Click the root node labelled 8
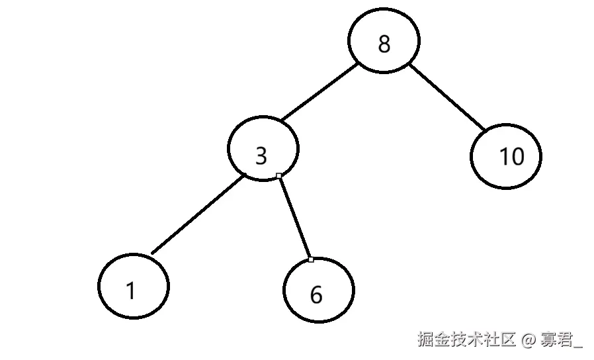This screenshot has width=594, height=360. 384,44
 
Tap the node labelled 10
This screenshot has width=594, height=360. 506,156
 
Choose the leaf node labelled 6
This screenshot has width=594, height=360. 318,291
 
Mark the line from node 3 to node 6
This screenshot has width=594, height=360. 294,217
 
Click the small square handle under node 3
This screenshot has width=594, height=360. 279,175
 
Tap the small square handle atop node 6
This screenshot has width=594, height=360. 311,259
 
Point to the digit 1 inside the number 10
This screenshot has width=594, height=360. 503,157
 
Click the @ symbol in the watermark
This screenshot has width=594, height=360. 528,340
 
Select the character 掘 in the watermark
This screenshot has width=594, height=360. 425,340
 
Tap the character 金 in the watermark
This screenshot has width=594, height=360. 441,340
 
